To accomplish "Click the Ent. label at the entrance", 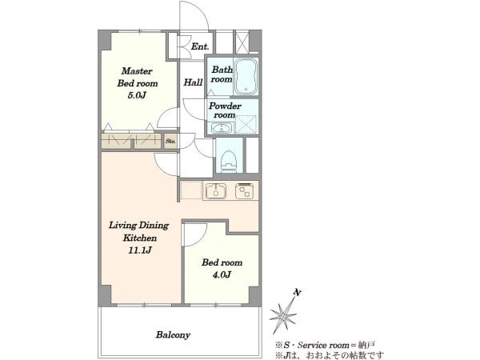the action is (200, 46).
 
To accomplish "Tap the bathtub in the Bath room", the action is (246, 77).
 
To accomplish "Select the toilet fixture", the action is (230, 160).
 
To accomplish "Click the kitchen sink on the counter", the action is (215, 190).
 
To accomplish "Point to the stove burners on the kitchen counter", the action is (244, 190).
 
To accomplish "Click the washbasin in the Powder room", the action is (221, 128).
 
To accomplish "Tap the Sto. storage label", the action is (170, 141).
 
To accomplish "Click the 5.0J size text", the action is (137, 95).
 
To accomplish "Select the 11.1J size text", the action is (139, 250).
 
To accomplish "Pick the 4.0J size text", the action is (222, 274).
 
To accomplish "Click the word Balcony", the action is (173, 335).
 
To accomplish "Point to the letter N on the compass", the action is (297, 293).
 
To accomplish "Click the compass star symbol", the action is (283, 315).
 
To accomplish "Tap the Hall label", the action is (193, 82).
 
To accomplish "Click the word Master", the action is (137, 71).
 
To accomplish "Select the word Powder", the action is (225, 106).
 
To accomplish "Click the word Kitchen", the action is (139, 238).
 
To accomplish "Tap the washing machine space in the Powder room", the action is (246, 124).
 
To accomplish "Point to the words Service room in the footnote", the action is (323, 346).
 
